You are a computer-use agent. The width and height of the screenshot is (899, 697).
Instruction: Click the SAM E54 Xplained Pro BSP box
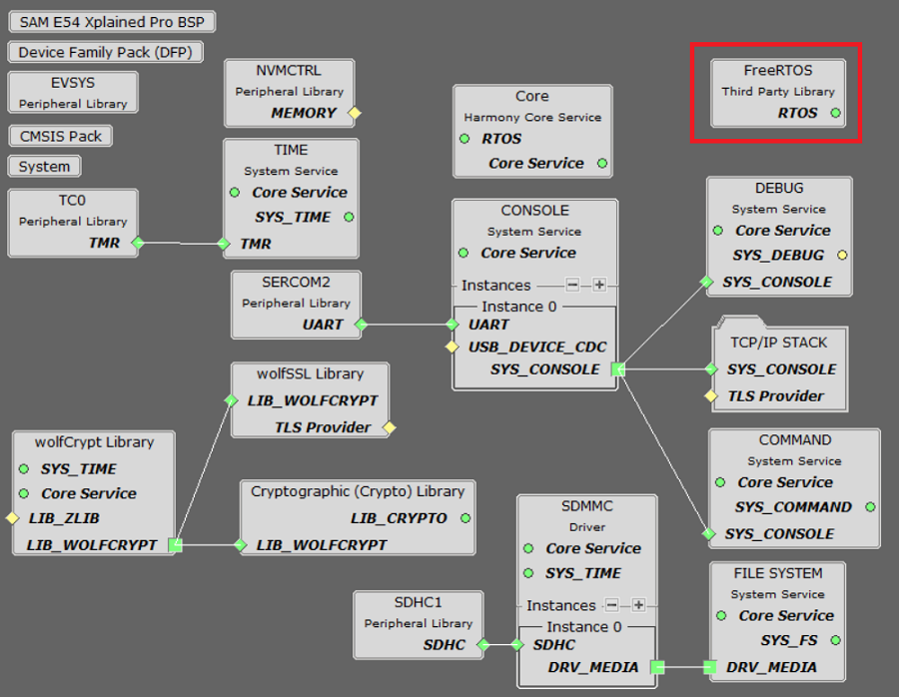pyautogui.click(x=111, y=21)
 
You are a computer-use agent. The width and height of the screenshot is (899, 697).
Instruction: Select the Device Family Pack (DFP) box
pyautogui.click(x=105, y=52)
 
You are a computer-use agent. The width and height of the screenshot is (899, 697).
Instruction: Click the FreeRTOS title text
pyautogui.click(x=778, y=71)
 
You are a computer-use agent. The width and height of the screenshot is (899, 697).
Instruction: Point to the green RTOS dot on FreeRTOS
pyautogui.click(x=835, y=113)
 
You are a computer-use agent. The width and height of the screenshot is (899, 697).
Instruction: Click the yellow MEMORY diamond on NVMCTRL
pyautogui.click(x=354, y=113)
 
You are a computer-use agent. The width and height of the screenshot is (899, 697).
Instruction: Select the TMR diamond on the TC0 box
pyautogui.click(x=138, y=243)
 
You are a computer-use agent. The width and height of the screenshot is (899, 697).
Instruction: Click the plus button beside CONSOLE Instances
pyautogui.click(x=598, y=285)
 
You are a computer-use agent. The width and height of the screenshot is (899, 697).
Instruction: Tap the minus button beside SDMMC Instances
pyautogui.click(x=612, y=605)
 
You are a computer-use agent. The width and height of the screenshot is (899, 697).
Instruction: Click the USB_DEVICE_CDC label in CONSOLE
pyautogui.click(x=537, y=347)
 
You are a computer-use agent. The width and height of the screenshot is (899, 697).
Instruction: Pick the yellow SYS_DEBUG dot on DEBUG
pyautogui.click(x=842, y=255)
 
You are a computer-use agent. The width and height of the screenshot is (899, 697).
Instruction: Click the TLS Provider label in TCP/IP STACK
pyautogui.click(x=775, y=395)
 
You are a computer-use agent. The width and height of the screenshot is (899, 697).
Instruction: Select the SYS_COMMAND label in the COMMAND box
pyautogui.click(x=793, y=506)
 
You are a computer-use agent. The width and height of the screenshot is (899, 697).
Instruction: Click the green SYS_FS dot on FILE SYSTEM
pyautogui.click(x=835, y=640)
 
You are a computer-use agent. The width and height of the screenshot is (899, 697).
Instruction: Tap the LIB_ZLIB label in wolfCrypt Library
pyautogui.click(x=64, y=518)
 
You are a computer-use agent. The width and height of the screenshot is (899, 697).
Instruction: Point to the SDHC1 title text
pyautogui.click(x=418, y=602)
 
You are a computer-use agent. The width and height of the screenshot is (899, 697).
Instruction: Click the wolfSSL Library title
pyautogui.click(x=310, y=373)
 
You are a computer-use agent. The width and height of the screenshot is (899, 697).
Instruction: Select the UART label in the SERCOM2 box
pyautogui.click(x=323, y=324)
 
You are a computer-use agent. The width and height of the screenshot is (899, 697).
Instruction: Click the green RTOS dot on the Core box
pyautogui.click(x=464, y=139)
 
